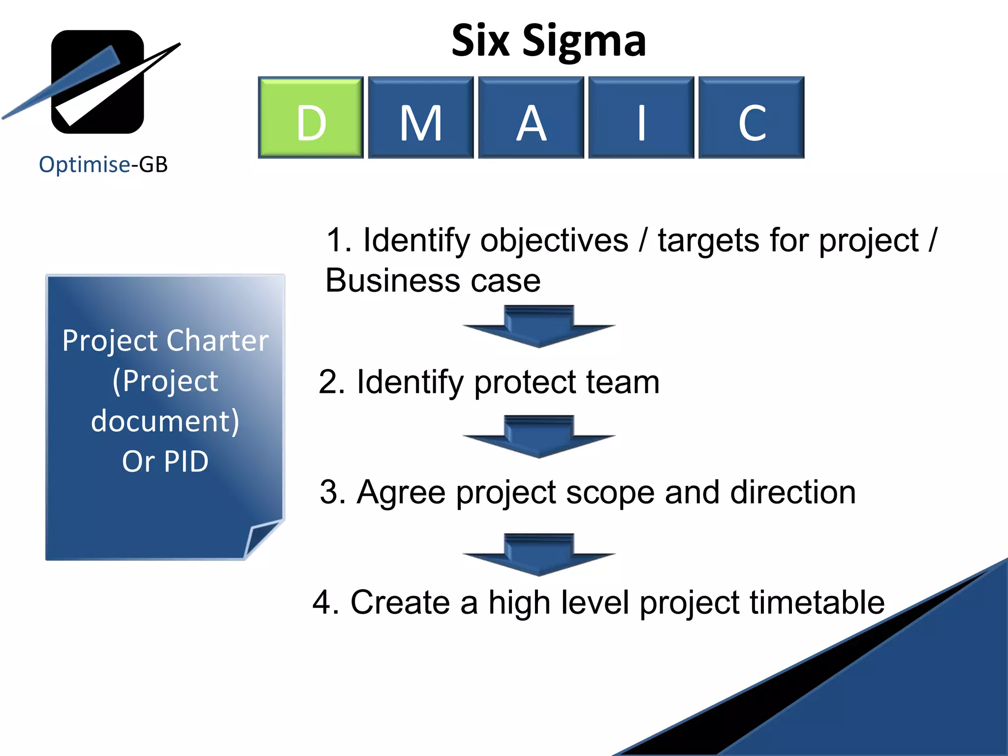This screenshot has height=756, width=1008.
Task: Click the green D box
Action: pos(311,117)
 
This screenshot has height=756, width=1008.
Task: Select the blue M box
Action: pos(421,117)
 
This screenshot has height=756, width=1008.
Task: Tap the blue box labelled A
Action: pos(531,117)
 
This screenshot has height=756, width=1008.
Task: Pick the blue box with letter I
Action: pos(641,117)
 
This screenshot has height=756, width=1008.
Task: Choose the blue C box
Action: pos(752,117)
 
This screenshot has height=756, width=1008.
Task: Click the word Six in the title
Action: pos(480,41)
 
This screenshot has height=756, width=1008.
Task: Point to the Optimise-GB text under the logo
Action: pos(103,164)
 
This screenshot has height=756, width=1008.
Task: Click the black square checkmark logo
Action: pos(97,82)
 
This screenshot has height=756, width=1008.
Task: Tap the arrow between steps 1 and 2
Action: pos(539,326)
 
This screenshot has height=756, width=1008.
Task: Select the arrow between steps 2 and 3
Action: pos(539,437)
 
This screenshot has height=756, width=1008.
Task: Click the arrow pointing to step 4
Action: pos(539,555)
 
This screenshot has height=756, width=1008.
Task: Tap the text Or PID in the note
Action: pos(165,462)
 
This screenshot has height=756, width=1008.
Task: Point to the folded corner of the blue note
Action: pos(263,539)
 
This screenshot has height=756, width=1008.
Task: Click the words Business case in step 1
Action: pos(433,281)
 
